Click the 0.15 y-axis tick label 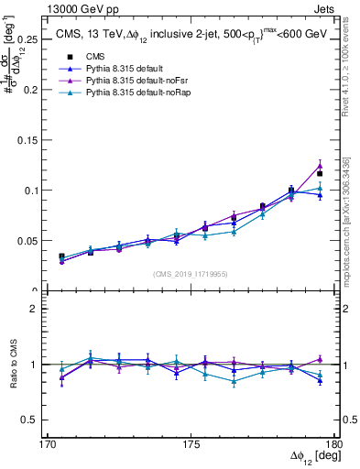[27, 140]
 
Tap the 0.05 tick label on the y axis [27, 241]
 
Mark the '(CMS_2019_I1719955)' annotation [191, 273]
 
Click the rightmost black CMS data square [320, 173]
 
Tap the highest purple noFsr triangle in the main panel [320, 166]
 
